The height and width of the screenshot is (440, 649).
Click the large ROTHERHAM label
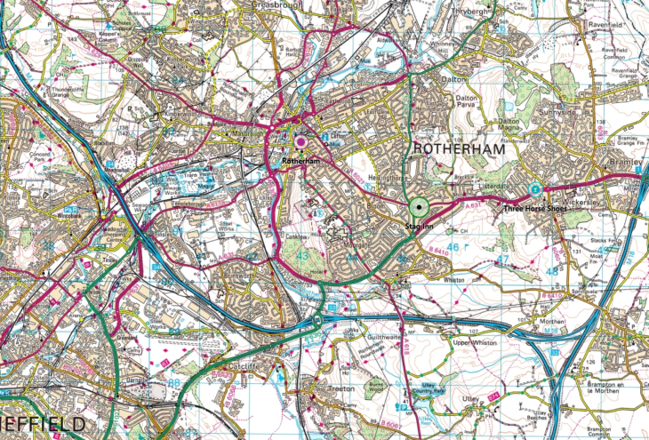coord(457,150)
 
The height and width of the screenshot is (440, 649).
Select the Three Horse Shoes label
coord(533,209)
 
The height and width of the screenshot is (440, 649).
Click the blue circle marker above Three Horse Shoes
coord(534,189)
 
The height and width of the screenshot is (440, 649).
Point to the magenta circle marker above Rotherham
coord(300,141)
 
